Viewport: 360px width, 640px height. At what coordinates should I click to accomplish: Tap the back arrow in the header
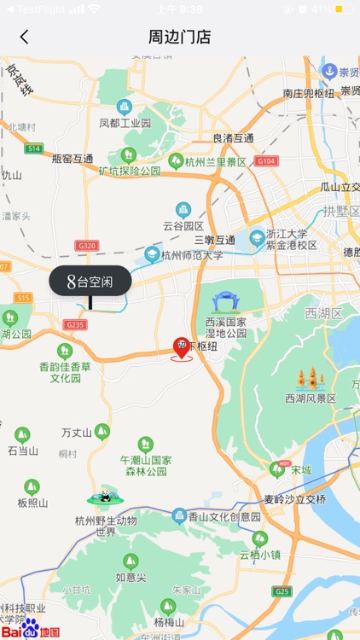24,37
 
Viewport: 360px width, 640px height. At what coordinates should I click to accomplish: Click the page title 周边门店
180,37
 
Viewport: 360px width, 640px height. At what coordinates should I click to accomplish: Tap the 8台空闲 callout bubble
90,281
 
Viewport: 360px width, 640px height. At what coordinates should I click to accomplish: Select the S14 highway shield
33,148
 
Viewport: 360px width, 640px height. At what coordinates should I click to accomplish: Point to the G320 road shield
87,246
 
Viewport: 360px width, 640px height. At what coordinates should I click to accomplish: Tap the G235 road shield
76,324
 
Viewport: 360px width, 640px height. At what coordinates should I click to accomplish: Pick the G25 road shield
282,591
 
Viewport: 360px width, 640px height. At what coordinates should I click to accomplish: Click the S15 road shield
22,298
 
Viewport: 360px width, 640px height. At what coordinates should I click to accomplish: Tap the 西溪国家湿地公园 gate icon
226,302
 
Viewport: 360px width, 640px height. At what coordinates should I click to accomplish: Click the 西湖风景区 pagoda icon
310,380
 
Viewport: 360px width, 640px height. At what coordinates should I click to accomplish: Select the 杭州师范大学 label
192,255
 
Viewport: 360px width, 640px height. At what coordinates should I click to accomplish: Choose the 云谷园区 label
183,226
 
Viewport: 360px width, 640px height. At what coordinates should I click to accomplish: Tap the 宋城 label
300,469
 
